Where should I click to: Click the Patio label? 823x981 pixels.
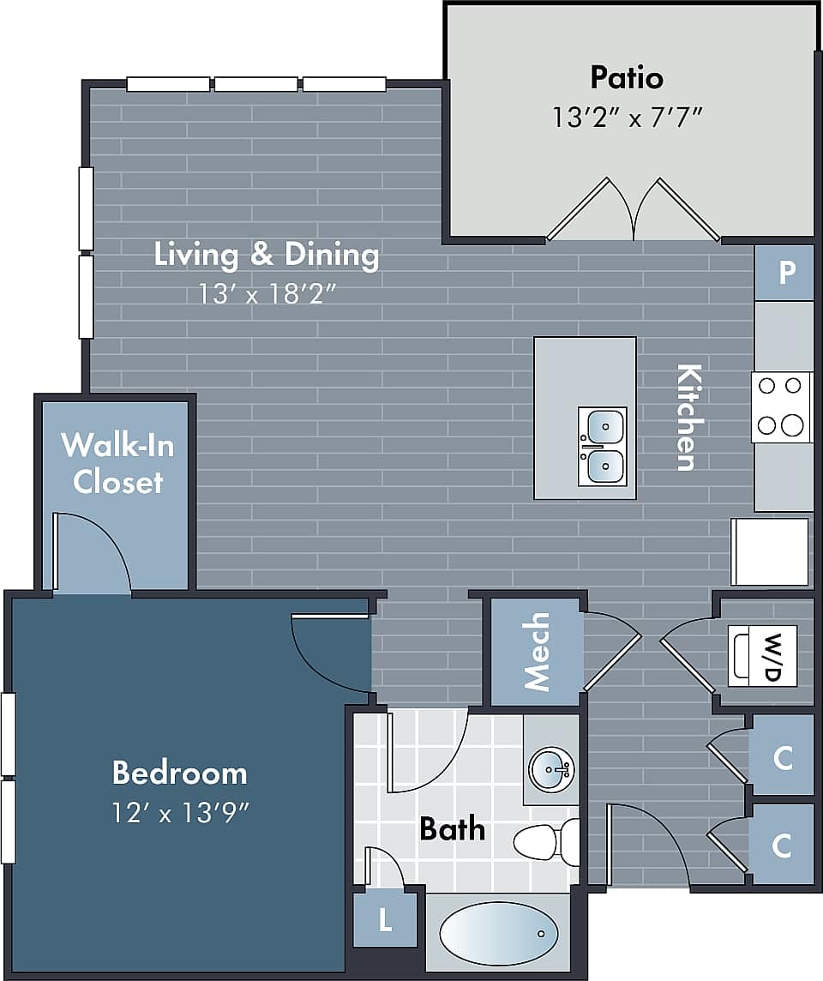(x=627, y=78)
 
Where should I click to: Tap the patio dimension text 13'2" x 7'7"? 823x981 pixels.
(x=628, y=117)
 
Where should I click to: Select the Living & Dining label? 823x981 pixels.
(x=267, y=255)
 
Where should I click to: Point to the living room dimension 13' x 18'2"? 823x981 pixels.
(x=267, y=294)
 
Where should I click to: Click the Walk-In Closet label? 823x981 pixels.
(x=117, y=463)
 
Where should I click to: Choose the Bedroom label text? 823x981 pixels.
(x=179, y=773)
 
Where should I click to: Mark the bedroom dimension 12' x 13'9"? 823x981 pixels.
(x=179, y=810)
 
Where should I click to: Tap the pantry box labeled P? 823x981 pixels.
(x=784, y=273)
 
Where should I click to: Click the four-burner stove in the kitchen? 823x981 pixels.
(x=781, y=406)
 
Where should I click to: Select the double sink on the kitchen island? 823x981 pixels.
(x=602, y=446)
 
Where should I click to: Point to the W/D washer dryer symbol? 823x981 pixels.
(x=763, y=656)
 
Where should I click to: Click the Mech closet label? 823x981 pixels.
(x=537, y=652)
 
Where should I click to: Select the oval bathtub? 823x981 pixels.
(x=498, y=933)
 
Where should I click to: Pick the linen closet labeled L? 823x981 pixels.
(x=386, y=920)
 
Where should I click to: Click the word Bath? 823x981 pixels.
(x=452, y=829)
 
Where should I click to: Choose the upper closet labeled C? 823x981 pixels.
(x=782, y=757)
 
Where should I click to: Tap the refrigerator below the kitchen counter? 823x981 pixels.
(x=770, y=551)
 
